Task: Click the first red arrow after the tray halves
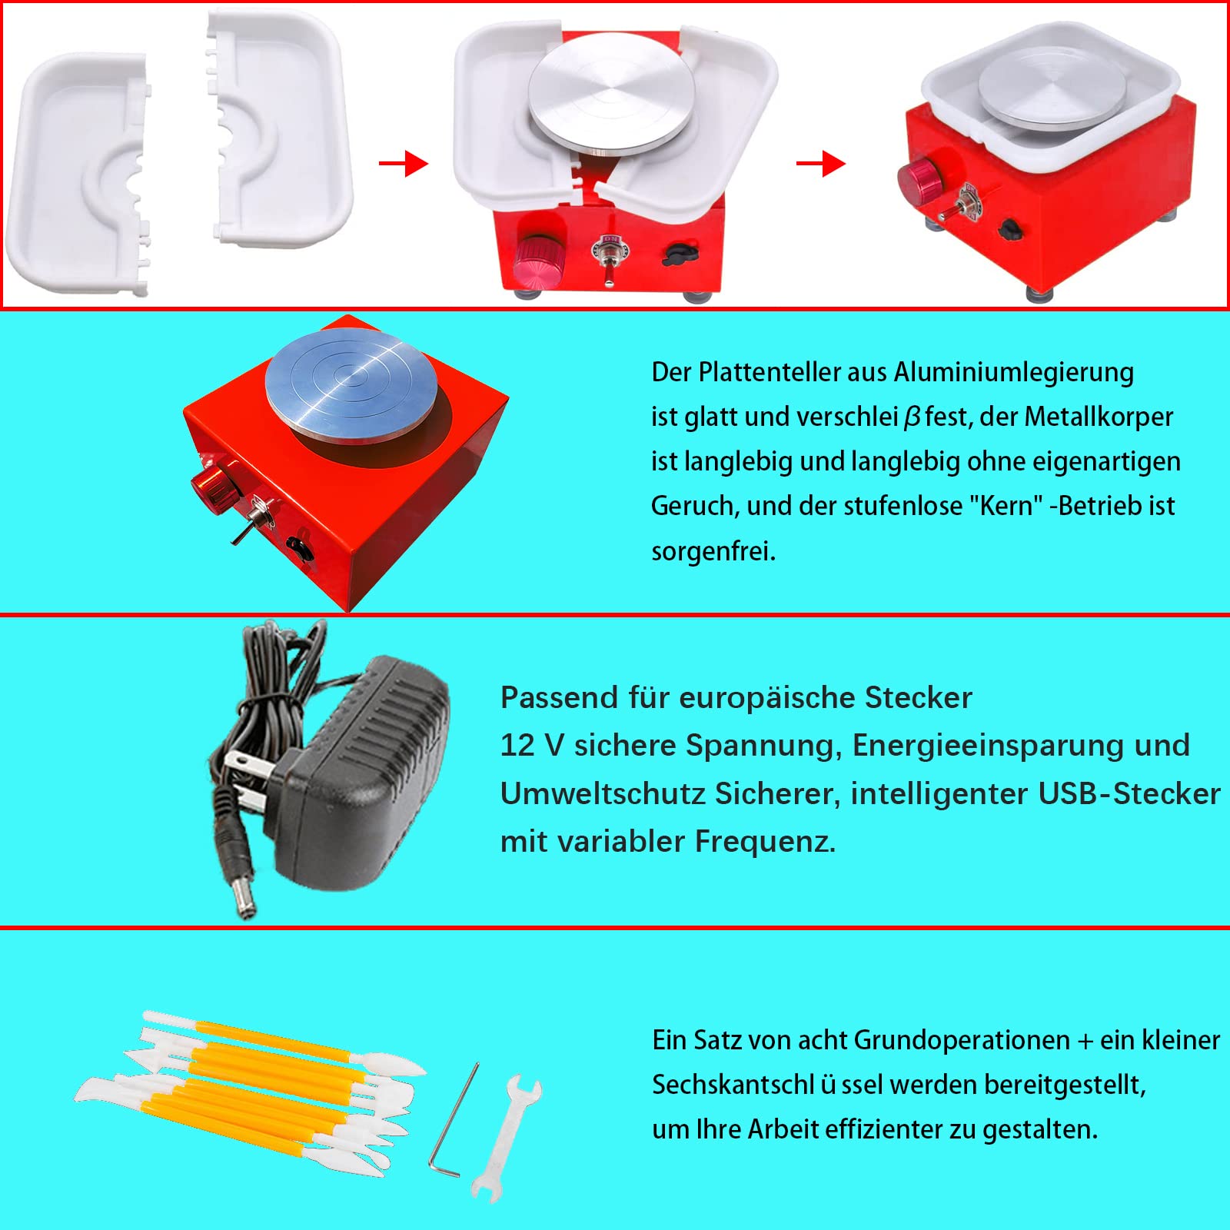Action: pyautogui.click(x=404, y=163)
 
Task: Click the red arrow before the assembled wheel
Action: pyautogui.click(x=820, y=163)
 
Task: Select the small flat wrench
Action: pyautogui.click(x=506, y=1138)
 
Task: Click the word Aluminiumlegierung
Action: pyautogui.click(x=1012, y=373)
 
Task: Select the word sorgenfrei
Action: pyautogui.click(x=713, y=551)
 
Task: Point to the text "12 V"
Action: pyautogui.click(x=532, y=746)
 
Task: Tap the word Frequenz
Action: pyautogui.click(x=765, y=842)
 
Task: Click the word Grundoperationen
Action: pyautogui.click(x=962, y=1040)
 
